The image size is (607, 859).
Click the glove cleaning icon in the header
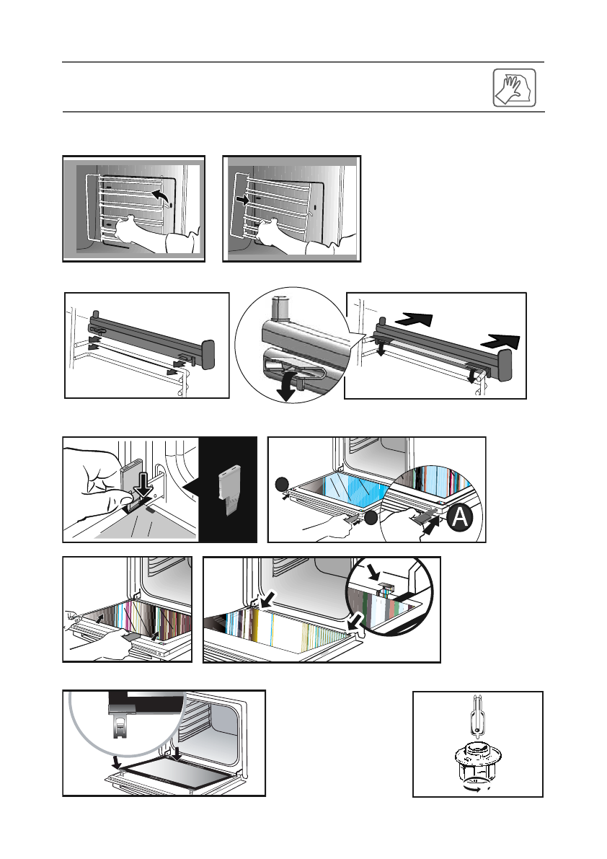click(x=516, y=87)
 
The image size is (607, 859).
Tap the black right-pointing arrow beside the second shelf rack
click(x=242, y=199)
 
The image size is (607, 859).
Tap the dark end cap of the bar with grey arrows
click(x=207, y=354)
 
